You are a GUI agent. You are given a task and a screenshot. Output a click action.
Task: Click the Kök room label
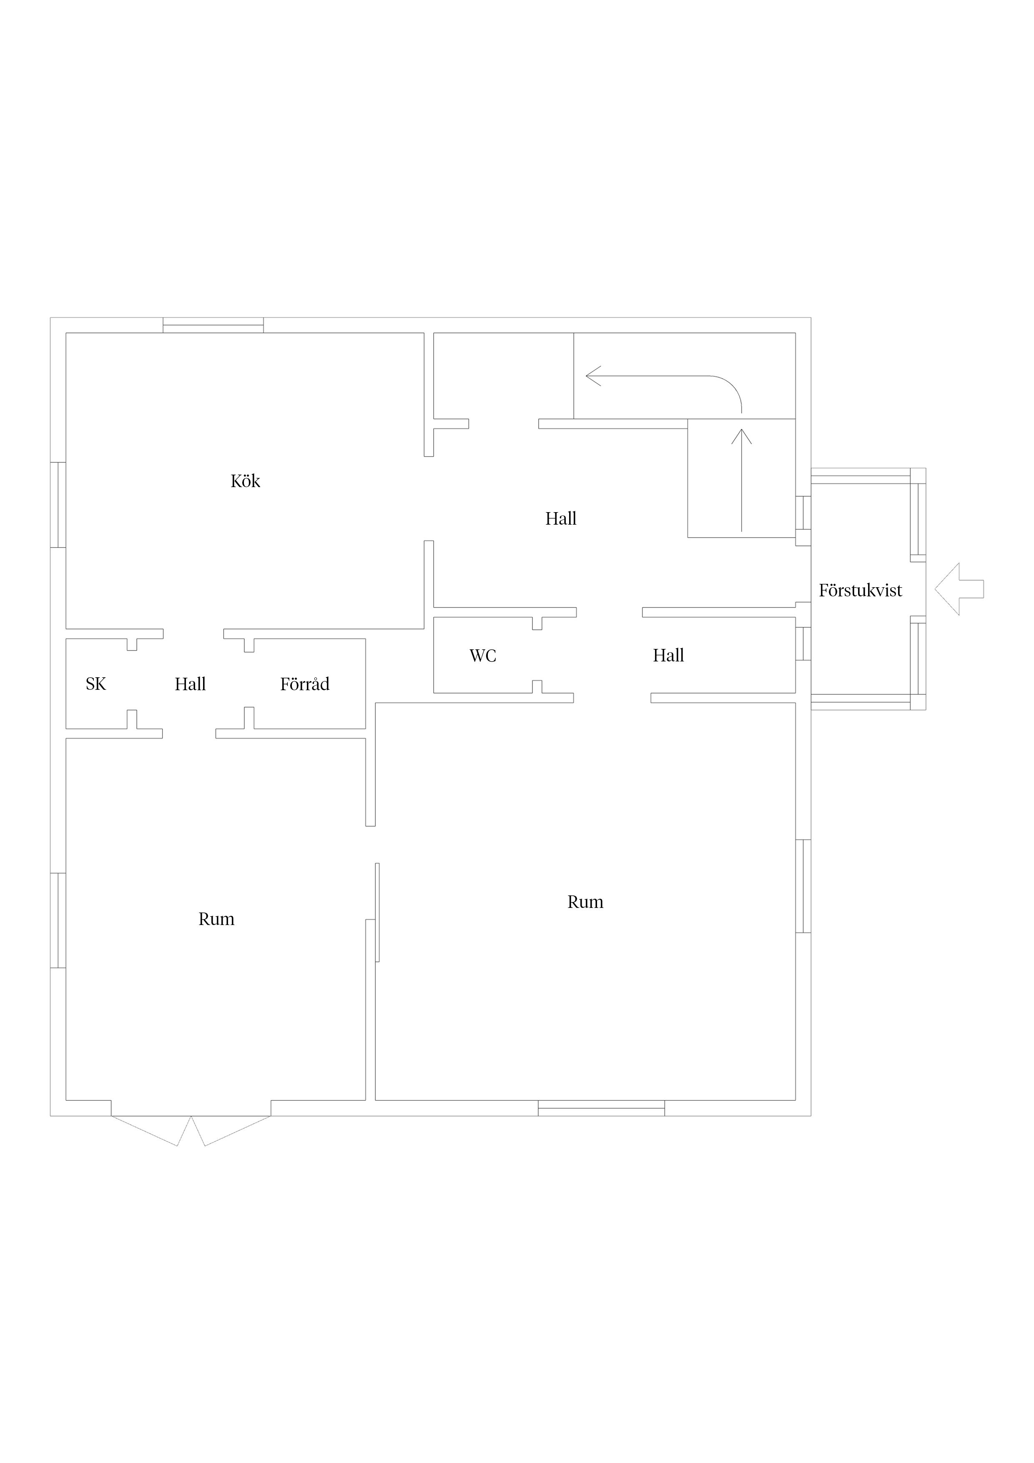[245, 481]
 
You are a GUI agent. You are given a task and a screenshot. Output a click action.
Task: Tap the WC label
[483, 656]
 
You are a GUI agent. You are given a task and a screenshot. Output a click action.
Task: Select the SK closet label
[95, 684]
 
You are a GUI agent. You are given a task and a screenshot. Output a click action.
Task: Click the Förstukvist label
[860, 591]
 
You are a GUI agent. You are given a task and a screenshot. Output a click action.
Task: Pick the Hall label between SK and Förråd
[190, 684]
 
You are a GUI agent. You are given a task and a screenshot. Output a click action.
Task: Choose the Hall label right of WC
[668, 656]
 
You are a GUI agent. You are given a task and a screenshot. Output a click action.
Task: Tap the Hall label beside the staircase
[561, 519]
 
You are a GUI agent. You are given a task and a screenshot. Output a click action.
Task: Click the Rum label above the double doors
[217, 920]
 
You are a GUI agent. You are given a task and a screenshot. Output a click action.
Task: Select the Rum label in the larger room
[585, 902]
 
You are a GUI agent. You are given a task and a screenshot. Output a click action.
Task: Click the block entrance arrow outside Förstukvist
[959, 589]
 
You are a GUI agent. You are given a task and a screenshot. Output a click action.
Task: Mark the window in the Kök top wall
[213, 325]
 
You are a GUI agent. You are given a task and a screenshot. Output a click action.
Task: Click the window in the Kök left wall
[58, 505]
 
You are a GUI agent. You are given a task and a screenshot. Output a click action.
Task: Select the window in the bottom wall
[601, 1108]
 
